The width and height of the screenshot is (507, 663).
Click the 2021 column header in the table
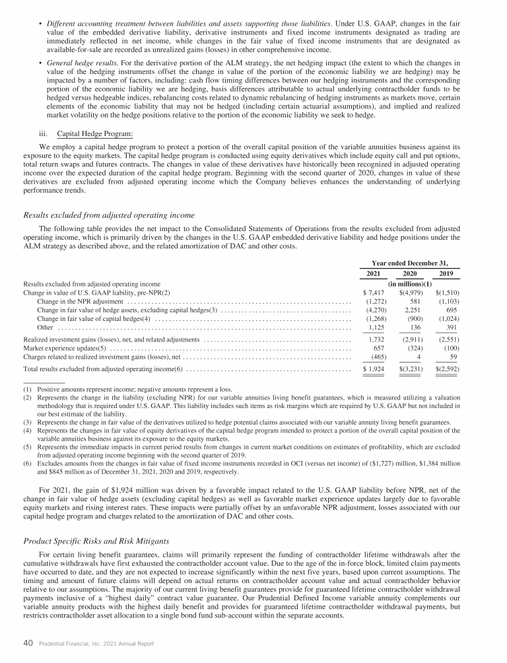coord(374,274)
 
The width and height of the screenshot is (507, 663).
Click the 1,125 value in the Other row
coord(376,326)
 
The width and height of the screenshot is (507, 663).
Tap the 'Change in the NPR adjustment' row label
coord(75,300)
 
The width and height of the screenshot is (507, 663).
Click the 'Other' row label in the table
coord(45,326)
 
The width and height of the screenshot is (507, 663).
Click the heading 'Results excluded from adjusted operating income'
coord(109,215)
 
